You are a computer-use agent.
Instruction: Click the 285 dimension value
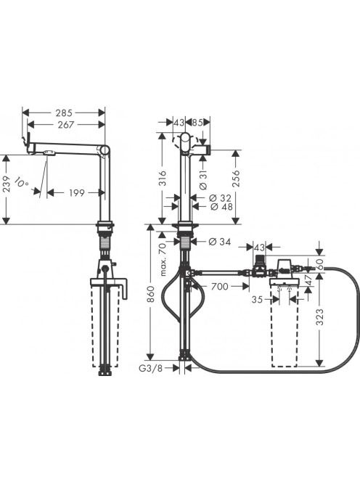64,113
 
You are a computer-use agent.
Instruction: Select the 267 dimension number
67,125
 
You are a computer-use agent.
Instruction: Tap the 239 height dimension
7,184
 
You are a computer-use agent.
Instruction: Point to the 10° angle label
22,182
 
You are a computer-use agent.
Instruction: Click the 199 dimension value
76,193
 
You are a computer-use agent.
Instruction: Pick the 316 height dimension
163,179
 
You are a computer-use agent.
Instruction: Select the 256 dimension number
236,179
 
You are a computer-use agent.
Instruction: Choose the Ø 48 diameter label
221,207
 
